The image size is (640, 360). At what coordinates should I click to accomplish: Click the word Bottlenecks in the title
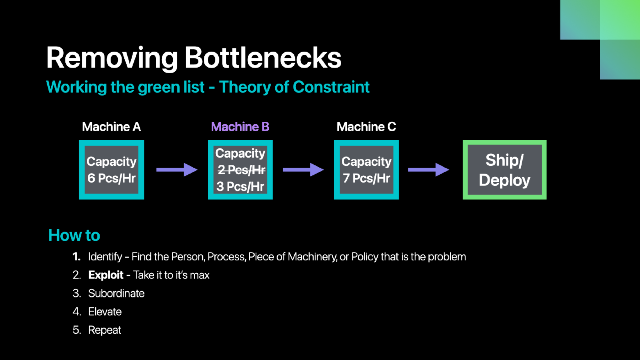[x=263, y=58]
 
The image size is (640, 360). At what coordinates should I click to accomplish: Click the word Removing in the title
[x=112, y=59]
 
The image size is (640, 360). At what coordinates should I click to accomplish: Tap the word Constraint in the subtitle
[x=331, y=87]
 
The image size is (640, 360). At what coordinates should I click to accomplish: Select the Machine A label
[x=112, y=127]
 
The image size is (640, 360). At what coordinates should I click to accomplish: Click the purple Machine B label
[x=240, y=127]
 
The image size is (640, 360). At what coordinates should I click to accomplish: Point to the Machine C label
[x=366, y=127]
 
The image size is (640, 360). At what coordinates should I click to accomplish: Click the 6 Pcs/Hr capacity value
[x=112, y=178]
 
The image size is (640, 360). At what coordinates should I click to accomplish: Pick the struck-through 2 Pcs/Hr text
[x=241, y=170]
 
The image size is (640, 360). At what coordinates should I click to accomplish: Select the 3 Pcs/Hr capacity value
[x=240, y=186]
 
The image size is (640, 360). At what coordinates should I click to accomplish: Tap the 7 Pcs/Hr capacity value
[x=366, y=178]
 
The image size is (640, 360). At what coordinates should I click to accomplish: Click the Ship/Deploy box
[x=505, y=170]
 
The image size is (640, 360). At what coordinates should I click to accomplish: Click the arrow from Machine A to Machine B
[x=177, y=170]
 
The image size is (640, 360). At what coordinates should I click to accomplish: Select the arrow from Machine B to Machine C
[x=303, y=170]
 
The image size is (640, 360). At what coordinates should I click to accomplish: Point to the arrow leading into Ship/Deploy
[x=429, y=170]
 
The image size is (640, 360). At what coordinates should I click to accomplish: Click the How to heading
[x=74, y=235]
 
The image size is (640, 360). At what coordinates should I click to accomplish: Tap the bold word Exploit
[x=106, y=275]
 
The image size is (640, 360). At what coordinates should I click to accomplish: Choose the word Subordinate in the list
[x=116, y=293]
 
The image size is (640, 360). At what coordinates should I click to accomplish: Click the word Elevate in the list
[x=105, y=312]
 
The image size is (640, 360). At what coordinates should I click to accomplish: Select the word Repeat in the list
[x=105, y=330]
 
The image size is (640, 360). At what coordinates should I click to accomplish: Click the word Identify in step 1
[x=105, y=257]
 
